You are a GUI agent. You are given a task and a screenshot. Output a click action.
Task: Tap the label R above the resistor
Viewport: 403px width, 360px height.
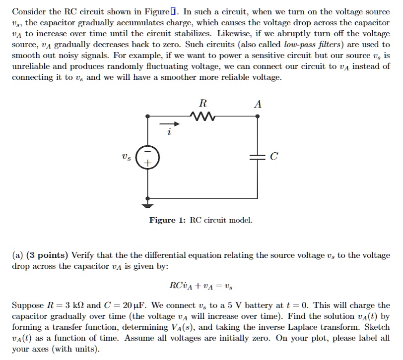tap(202, 104)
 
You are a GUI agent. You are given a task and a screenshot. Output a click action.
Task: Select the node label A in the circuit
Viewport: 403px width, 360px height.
tap(257, 104)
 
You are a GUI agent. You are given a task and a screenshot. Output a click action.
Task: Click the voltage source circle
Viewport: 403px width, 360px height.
tap(147, 157)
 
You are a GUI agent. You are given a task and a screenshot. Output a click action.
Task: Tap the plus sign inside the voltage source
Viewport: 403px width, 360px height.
tap(147, 163)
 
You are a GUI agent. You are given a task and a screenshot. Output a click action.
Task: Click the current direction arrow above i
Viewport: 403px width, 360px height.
tap(167, 124)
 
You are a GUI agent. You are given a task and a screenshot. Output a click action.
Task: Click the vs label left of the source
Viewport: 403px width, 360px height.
tap(126, 157)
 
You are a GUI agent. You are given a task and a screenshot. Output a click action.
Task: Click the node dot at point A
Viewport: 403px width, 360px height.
tap(257, 117)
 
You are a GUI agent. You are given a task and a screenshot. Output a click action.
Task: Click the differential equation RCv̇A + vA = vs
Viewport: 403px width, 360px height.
tap(200, 285)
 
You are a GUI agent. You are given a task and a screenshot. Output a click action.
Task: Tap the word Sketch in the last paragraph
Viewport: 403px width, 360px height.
tap(377, 327)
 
